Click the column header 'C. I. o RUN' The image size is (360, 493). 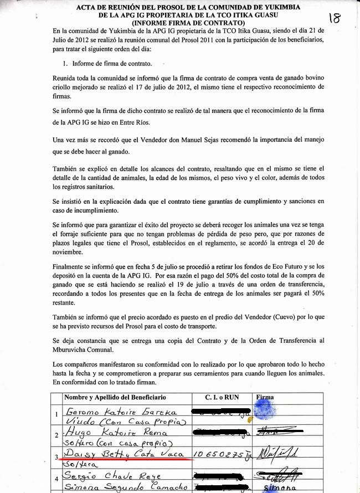[x=221, y=397]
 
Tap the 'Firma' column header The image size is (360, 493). [x=266, y=397]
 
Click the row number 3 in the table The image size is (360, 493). [x=55, y=457]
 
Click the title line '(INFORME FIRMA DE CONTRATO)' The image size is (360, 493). [x=188, y=23]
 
